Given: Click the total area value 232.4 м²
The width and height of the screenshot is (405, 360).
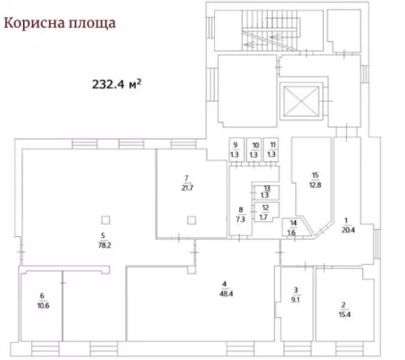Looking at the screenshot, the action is click(x=117, y=84).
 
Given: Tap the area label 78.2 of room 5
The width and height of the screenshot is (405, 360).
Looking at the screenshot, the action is click(x=104, y=245).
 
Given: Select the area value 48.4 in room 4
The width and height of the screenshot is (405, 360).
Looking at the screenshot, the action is click(x=226, y=294).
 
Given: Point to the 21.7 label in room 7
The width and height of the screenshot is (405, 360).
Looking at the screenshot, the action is click(x=187, y=188).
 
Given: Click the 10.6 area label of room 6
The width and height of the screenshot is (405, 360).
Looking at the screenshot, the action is click(x=43, y=306).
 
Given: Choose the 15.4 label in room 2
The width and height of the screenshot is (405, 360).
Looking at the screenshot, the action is click(x=344, y=315).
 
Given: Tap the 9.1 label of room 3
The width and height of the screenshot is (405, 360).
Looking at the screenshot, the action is click(x=295, y=299).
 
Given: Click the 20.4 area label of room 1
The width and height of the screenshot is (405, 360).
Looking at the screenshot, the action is click(x=348, y=230).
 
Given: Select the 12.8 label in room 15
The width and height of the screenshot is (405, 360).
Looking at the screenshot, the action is click(x=315, y=184).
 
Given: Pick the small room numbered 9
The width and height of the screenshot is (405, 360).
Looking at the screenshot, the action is click(x=236, y=150).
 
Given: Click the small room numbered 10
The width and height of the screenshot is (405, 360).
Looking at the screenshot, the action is click(x=254, y=150).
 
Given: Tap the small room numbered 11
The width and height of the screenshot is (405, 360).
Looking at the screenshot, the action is click(x=271, y=150).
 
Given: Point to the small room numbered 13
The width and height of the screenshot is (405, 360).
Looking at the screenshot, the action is click(x=266, y=192).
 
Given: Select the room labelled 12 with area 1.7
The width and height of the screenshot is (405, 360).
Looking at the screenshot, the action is click(x=266, y=211).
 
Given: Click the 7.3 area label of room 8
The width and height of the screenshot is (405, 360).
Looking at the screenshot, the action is click(x=241, y=219).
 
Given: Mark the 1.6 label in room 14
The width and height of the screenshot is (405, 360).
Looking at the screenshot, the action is click(x=292, y=232).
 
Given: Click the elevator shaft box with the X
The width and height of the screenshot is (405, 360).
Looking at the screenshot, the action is click(x=302, y=102).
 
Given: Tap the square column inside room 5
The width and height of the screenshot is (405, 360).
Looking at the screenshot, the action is click(x=105, y=220).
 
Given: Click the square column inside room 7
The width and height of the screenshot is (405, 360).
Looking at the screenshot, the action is click(x=192, y=220).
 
